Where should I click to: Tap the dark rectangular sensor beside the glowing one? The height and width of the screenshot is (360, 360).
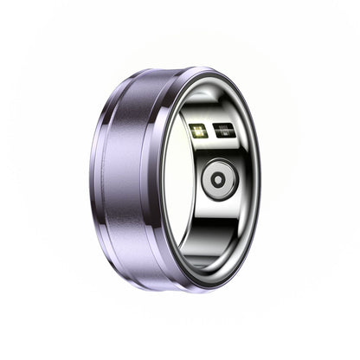click(223, 132)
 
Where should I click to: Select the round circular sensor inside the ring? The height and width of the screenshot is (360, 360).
click(218, 180)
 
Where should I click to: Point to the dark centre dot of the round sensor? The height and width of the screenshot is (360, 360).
click(218, 180)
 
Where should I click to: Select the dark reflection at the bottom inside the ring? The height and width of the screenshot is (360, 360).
click(216, 260)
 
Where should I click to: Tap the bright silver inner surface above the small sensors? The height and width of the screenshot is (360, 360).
click(212, 100)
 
